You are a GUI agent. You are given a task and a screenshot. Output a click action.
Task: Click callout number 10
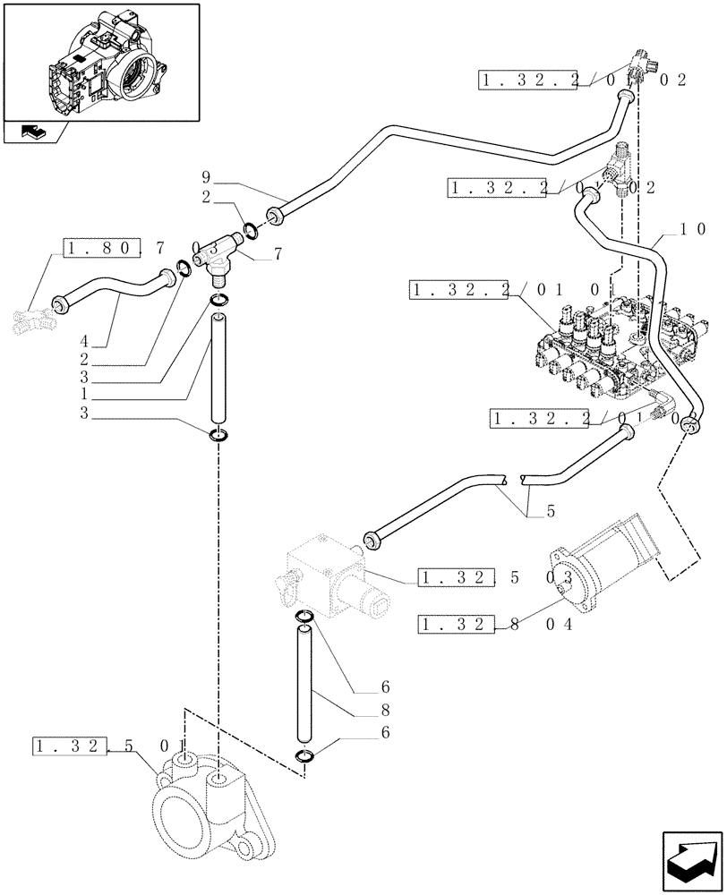pyautogui.click(x=691, y=229)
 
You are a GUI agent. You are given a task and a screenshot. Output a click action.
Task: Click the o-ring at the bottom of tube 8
pyautogui.click(x=304, y=757)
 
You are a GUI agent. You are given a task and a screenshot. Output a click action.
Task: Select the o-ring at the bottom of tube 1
pyautogui.click(x=218, y=436)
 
